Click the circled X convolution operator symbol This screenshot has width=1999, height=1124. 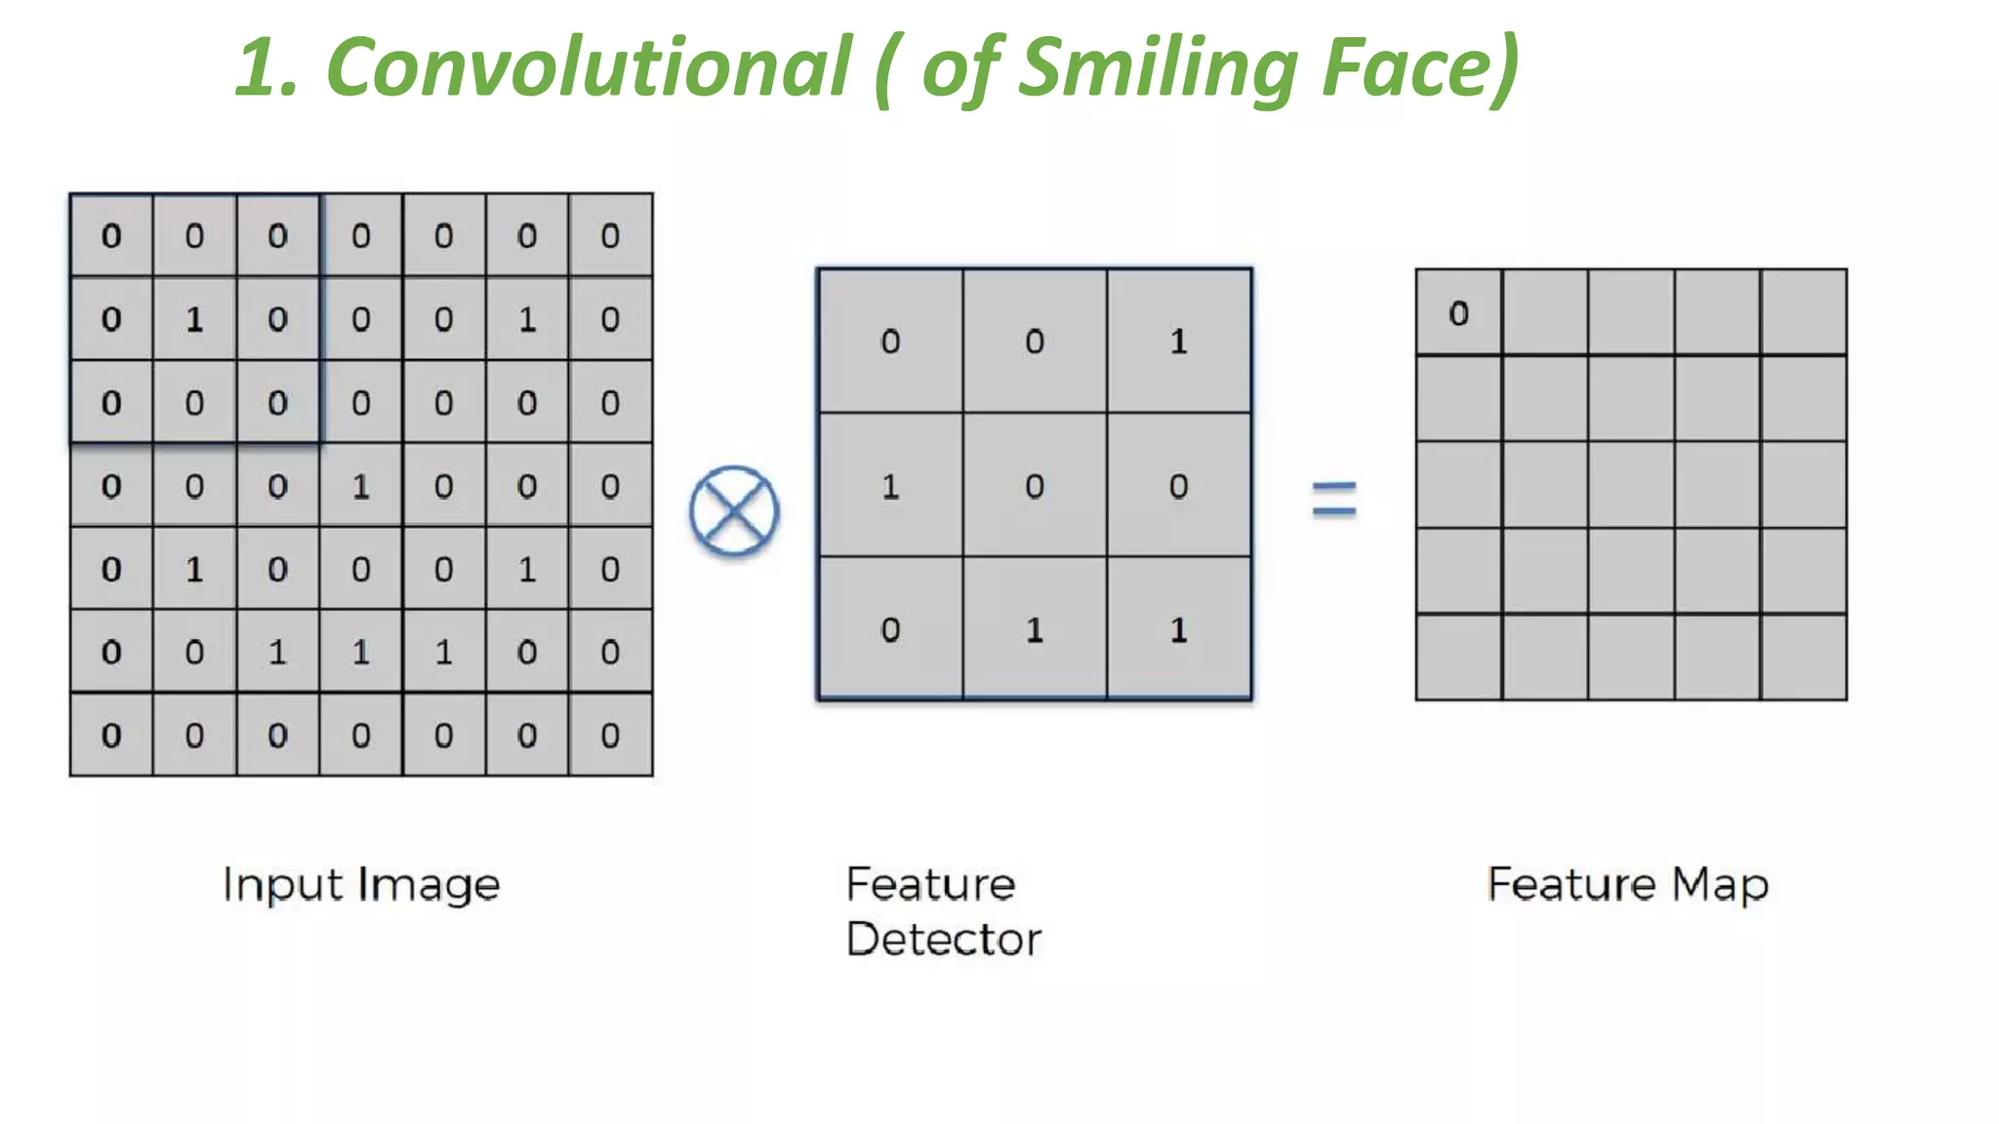click(734, 510)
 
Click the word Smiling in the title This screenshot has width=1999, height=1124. click(1158, 67)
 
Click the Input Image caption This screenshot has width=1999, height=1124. click(361, 885)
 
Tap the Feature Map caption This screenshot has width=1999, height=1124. click(1627, 885)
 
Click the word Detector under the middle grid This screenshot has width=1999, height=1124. click(944, 940)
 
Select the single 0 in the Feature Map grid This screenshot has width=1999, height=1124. click(1458, 313)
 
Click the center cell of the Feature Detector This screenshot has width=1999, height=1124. click(1035, 486)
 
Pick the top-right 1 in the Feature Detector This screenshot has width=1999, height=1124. click(1179, 341)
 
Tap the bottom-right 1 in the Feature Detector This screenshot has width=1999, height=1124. click(1179, 630)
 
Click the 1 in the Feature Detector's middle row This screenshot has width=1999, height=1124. click(890, 486)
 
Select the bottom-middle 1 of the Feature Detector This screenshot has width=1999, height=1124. click(1035, 630)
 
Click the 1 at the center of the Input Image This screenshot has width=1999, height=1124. click(361, 486)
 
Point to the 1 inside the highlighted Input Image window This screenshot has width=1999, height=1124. click(194, 319)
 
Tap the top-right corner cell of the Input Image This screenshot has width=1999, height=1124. click(610, 235)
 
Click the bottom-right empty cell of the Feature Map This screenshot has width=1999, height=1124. click(1804, 657)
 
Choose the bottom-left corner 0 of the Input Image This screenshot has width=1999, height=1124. click(111, 735)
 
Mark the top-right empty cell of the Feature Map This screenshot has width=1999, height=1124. click(1804, 312)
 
